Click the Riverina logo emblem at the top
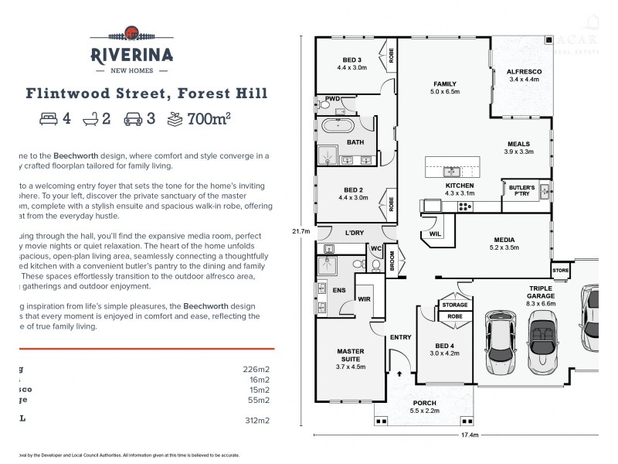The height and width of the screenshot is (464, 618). [132, 33]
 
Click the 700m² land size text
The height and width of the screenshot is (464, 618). [209, 119]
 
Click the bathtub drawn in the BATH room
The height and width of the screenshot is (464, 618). [336, 126]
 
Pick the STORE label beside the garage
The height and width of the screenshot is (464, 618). [560, 270]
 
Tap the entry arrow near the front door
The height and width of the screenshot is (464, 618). [399, 373]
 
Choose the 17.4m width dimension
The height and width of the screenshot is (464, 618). [470, 435]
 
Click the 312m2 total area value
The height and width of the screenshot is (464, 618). [255, 421]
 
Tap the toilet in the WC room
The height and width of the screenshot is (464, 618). [375, 265]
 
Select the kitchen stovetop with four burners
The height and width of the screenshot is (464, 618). [466, 206]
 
